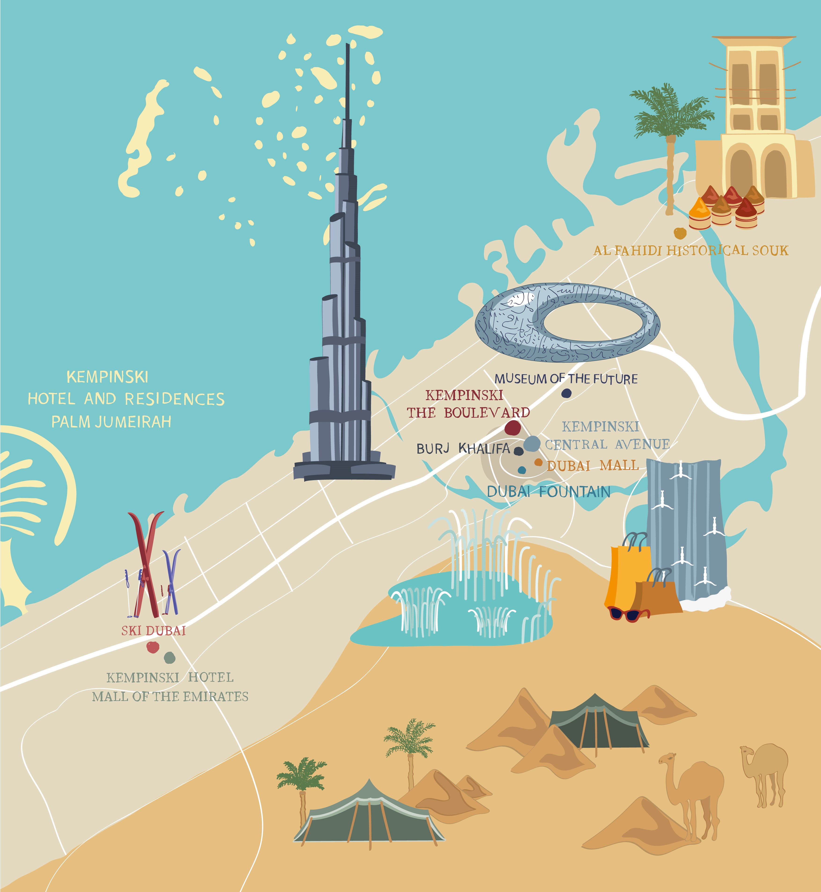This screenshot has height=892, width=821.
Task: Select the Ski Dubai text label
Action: coord(153,631)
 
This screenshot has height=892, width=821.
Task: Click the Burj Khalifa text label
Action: coord(463,448)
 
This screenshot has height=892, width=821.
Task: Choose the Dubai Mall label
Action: coord(593,465)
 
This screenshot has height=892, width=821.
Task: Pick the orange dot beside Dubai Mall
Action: coord(539,462)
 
